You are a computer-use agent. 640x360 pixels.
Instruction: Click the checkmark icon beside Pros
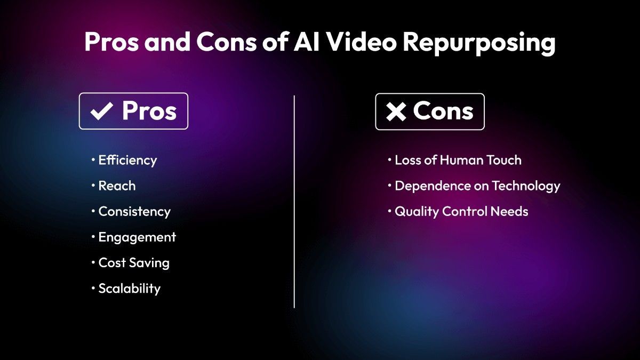coord(101,112)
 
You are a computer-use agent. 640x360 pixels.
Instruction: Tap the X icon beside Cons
coord(396,112)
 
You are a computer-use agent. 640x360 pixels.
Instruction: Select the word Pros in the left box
coord(149,111)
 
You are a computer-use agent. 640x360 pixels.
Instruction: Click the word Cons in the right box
coord(443,111)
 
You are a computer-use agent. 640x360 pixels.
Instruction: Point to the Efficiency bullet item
coord(127,160)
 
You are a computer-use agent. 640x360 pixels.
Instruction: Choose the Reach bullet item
coord(117,186)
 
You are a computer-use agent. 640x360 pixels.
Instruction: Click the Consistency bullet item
coord(134,211)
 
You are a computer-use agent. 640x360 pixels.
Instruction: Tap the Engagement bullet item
coord(137,237)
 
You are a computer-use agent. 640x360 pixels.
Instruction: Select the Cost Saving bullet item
coord(133,262)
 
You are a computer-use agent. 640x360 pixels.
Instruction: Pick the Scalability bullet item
coord(129,288)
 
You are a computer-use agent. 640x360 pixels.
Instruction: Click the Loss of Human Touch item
coord(458,160)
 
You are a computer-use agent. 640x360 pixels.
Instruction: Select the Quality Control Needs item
coord(461,211)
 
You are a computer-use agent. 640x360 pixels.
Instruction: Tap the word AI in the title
coord(306,43)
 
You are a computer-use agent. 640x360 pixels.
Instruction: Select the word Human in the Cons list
coord(457,160)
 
